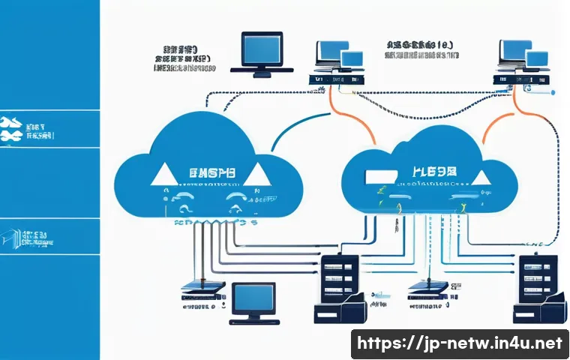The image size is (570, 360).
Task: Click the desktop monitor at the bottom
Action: pos(253,300)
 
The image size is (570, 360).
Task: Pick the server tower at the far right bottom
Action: pos(538,289)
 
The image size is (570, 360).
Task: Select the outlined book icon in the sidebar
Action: pos(11,237)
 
